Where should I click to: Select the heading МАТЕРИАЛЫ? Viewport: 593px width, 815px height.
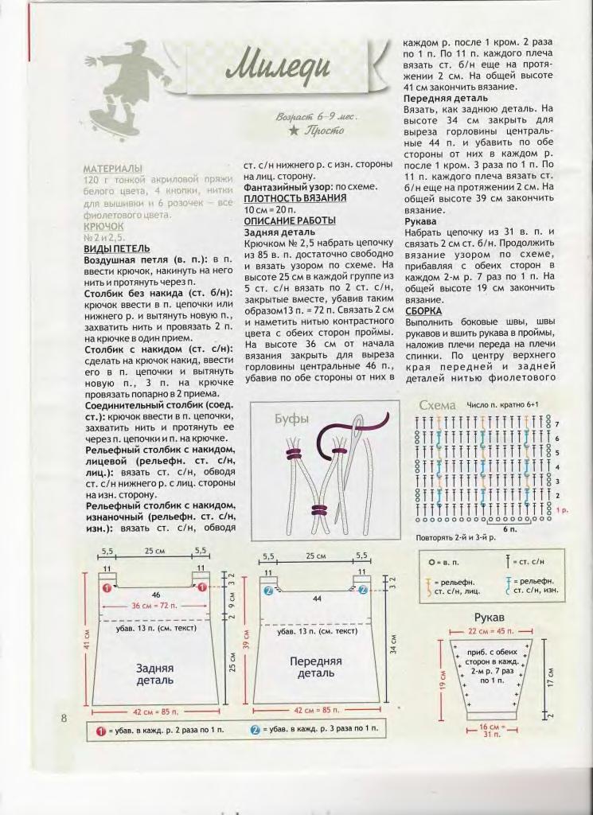113,169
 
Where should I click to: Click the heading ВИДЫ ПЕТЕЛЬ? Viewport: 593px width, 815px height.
117,248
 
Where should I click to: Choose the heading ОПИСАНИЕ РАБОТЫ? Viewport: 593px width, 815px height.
290,220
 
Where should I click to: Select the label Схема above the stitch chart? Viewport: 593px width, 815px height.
437,406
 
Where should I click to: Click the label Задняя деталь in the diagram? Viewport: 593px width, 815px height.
154,674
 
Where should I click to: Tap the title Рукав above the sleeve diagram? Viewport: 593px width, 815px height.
490,618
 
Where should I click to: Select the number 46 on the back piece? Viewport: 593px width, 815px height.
155,595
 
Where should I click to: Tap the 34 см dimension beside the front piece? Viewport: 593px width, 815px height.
393,643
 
